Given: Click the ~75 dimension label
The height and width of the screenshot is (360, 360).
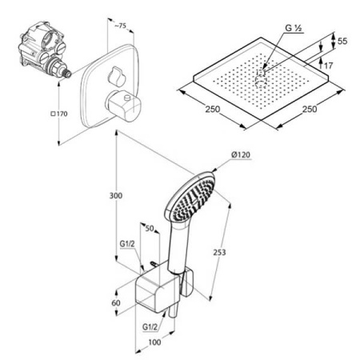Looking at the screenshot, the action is tap(120, 26).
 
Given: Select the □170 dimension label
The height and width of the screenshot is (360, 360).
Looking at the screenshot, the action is tap(59, 114).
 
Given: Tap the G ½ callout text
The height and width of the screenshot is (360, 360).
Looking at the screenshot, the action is tap(294, 28).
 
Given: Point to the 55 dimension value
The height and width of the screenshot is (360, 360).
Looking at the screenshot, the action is tap(342, 41).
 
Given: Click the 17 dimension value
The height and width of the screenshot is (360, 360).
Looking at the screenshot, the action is tap(329, 66).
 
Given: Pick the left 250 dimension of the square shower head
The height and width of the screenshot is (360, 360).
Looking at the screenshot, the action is tap(213, 109).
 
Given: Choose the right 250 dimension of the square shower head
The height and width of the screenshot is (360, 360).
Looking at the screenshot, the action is tap(310, 109).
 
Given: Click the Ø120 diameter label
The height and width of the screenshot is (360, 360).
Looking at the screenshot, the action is tap(241, 154).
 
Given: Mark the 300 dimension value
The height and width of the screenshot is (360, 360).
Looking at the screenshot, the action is tap(116, 195).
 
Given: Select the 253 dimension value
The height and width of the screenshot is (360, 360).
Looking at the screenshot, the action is tap(219, 252).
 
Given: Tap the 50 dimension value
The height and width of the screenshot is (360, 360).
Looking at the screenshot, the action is tap(150, 228).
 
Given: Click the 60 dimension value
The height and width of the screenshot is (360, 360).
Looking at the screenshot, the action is tap(116, 303).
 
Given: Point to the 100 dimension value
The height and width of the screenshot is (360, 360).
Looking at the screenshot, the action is tap(154, 342).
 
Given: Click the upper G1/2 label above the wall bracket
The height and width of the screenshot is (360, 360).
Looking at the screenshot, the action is tap(127, 244).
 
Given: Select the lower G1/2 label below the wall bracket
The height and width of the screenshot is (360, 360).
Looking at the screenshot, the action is tap(150, 326).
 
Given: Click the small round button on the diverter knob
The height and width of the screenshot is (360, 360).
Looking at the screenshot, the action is tap(127, 98).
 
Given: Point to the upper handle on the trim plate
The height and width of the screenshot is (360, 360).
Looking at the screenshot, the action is tap(117, 77).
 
